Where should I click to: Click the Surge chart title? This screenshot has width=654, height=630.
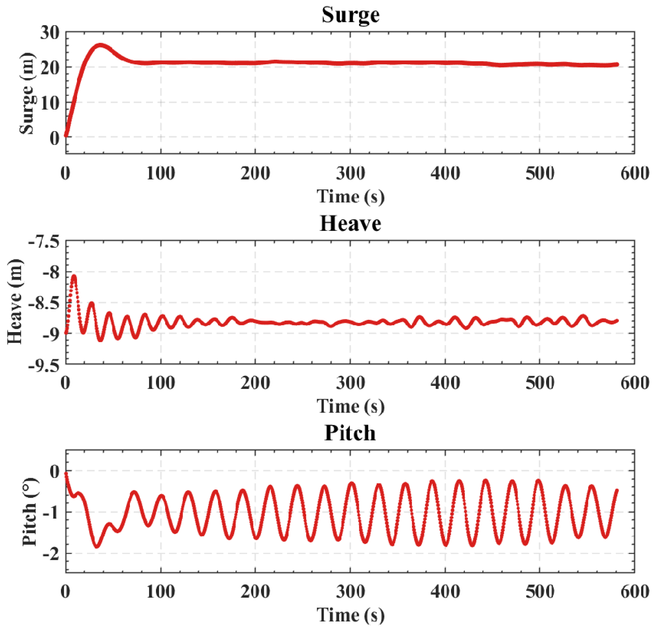[x=350, y=15]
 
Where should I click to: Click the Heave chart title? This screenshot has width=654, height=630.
[x=350, y=224]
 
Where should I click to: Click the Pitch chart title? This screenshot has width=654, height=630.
[x=350, y=433]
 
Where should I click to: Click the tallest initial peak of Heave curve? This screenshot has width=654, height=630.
[x=74, y=276]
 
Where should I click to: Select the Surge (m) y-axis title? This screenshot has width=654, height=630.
[x=27, y=93]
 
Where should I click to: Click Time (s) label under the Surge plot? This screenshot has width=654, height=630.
[x=350, y=196]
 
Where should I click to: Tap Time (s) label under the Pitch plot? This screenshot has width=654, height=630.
[x=350, y=615]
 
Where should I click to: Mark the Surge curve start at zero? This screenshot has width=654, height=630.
[x=66, y=135]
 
